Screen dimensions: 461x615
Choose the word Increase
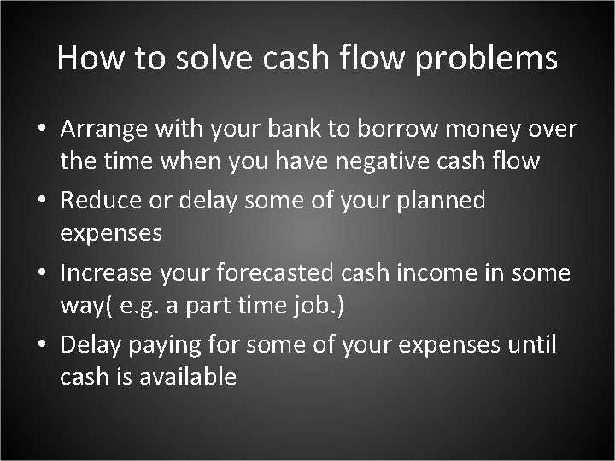(x=110, y=272)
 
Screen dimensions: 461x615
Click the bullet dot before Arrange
(x=42, y=131)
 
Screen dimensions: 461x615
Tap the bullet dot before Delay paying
(x=42, y=346)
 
